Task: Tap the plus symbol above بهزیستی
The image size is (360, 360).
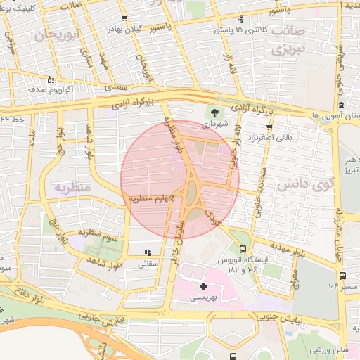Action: (x=204, y=286)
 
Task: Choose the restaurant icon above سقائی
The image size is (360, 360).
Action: (x=148, y=252)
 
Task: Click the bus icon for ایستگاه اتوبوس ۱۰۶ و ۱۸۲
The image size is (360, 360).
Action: (x=243, y=249)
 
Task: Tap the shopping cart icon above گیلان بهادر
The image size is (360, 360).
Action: (x=124, y=18)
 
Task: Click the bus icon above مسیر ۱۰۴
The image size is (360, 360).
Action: (x=342, y=276)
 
